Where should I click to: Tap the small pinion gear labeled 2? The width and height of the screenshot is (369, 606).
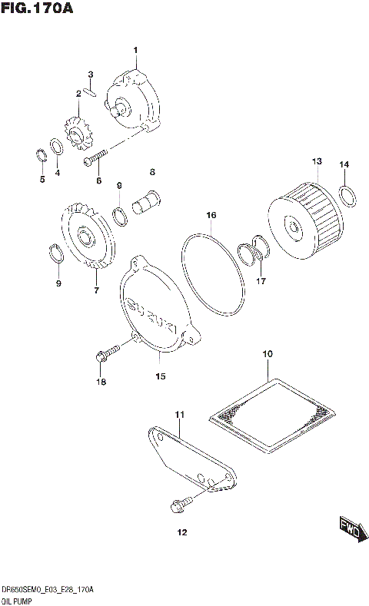point(77,136)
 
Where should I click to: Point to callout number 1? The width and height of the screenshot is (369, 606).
point(135,51)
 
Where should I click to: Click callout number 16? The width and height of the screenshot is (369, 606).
point(211,216)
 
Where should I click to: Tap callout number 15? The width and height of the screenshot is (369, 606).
point(161,376)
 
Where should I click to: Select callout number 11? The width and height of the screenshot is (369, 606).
point(180,416)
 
